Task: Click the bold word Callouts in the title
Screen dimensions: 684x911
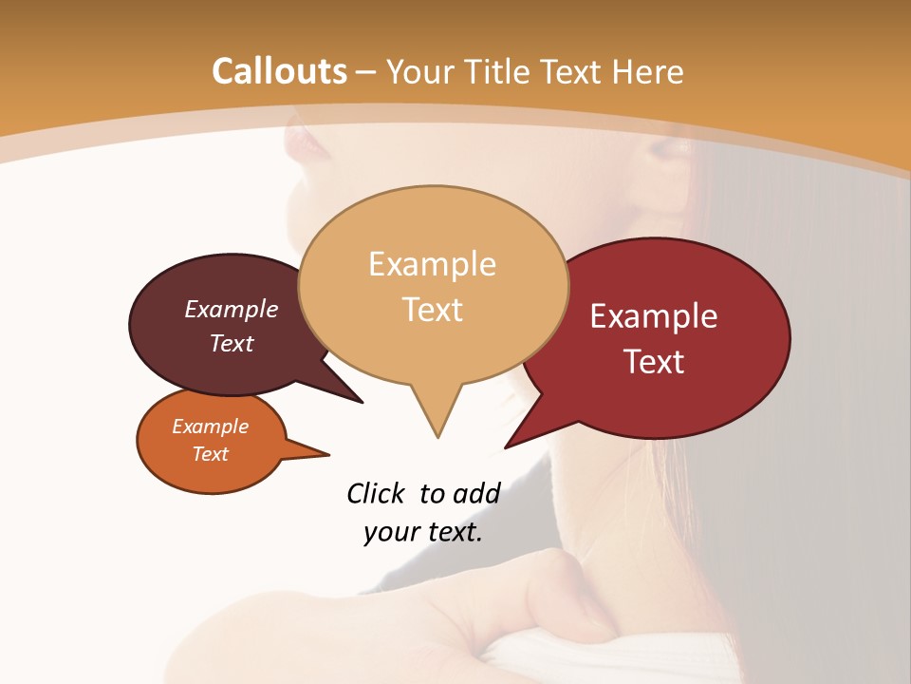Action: [279, 71]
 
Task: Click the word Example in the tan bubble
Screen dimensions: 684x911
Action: [432, 264]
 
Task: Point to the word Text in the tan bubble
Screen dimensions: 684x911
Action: [432, 310]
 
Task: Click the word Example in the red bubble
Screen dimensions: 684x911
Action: [654, 316]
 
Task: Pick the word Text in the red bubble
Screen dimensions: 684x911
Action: [654, 362]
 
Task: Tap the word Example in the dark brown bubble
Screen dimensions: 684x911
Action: [231, 310]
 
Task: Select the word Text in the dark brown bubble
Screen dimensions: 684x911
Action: [231, 344]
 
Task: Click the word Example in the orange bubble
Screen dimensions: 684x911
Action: [210, 427]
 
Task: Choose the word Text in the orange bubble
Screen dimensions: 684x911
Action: [210, 454]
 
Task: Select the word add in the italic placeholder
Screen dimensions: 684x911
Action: [475, 493]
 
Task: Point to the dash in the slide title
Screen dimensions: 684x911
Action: [365, 72]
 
